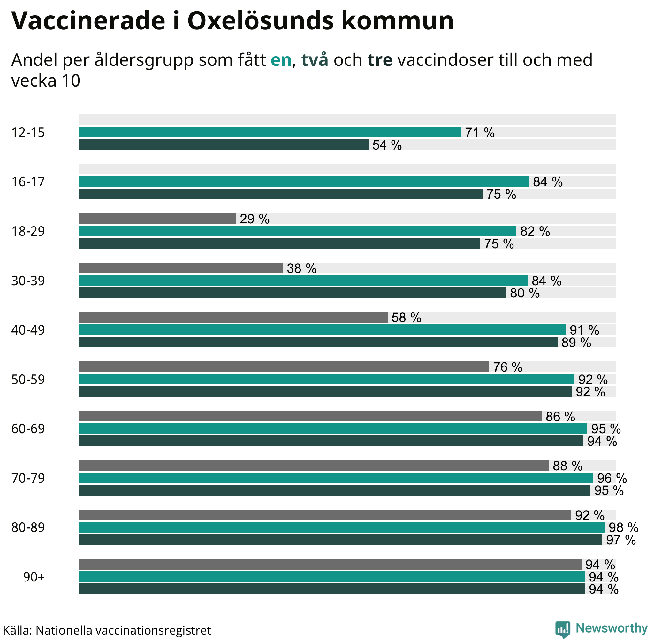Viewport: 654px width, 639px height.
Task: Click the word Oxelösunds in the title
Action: (260, 21)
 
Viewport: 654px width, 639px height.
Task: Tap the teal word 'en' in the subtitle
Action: (281, 60)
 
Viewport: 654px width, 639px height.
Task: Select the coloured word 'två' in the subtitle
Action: (315, 60)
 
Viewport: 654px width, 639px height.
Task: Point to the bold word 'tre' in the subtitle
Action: (380, 60)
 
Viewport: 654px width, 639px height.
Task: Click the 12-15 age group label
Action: (28, 133)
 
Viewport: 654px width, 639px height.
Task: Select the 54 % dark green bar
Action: (223, 145)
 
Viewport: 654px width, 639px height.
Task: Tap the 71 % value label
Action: (480, 133)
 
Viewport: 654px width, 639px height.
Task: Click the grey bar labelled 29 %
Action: (157, 219)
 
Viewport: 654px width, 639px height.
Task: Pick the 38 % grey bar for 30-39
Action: (180, 268)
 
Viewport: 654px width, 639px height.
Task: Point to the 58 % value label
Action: (406, 318)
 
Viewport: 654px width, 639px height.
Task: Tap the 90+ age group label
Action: (34, 577)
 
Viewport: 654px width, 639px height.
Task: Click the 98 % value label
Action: (623, 527)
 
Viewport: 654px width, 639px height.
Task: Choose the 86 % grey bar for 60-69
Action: (310, 416)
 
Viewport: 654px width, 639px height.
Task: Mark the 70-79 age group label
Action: (28, 478)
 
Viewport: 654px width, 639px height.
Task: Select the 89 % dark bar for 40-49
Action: (318, 342)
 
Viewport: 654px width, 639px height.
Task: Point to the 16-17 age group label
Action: (28, 181)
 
